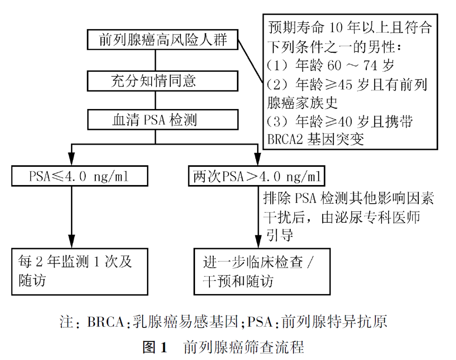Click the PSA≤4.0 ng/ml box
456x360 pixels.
79,176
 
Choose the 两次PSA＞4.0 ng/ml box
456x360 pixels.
255,176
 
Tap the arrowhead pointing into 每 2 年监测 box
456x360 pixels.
72,242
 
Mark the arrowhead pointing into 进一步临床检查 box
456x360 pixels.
258,242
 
